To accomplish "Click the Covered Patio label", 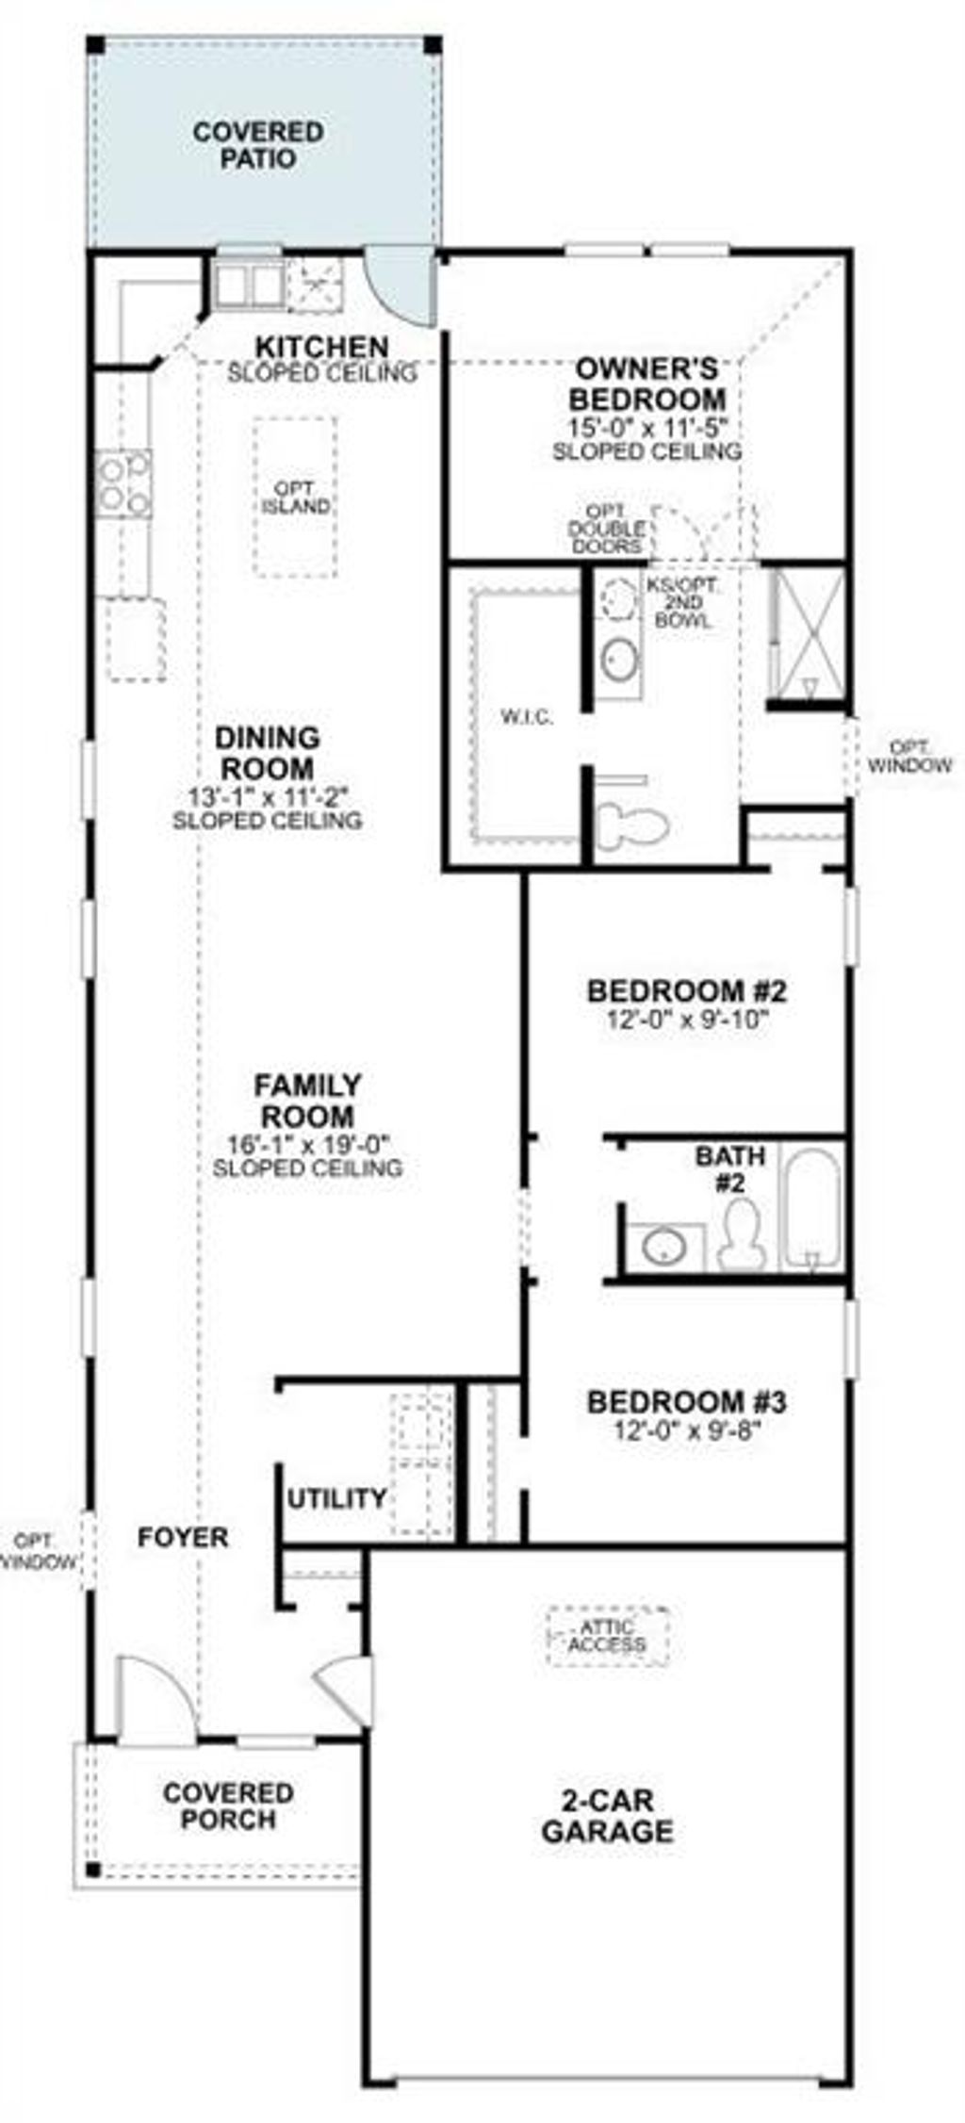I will point(257,145).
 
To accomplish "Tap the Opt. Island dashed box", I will point(295,498).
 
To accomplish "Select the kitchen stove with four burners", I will point(124,483).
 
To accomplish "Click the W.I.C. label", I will point(526,718).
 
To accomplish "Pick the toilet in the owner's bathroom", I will point(631,822).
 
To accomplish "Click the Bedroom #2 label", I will point(686,991).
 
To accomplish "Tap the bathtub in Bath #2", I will point(812,1206).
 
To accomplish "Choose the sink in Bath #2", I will point(665,1248).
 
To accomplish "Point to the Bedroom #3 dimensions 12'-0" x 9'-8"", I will point(686,1430).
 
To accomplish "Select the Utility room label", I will point(336,1498).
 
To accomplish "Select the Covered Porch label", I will point(227,1806).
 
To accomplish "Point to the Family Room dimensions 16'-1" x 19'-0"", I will point(308,1145).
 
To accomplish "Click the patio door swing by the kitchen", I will point(400,281).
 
